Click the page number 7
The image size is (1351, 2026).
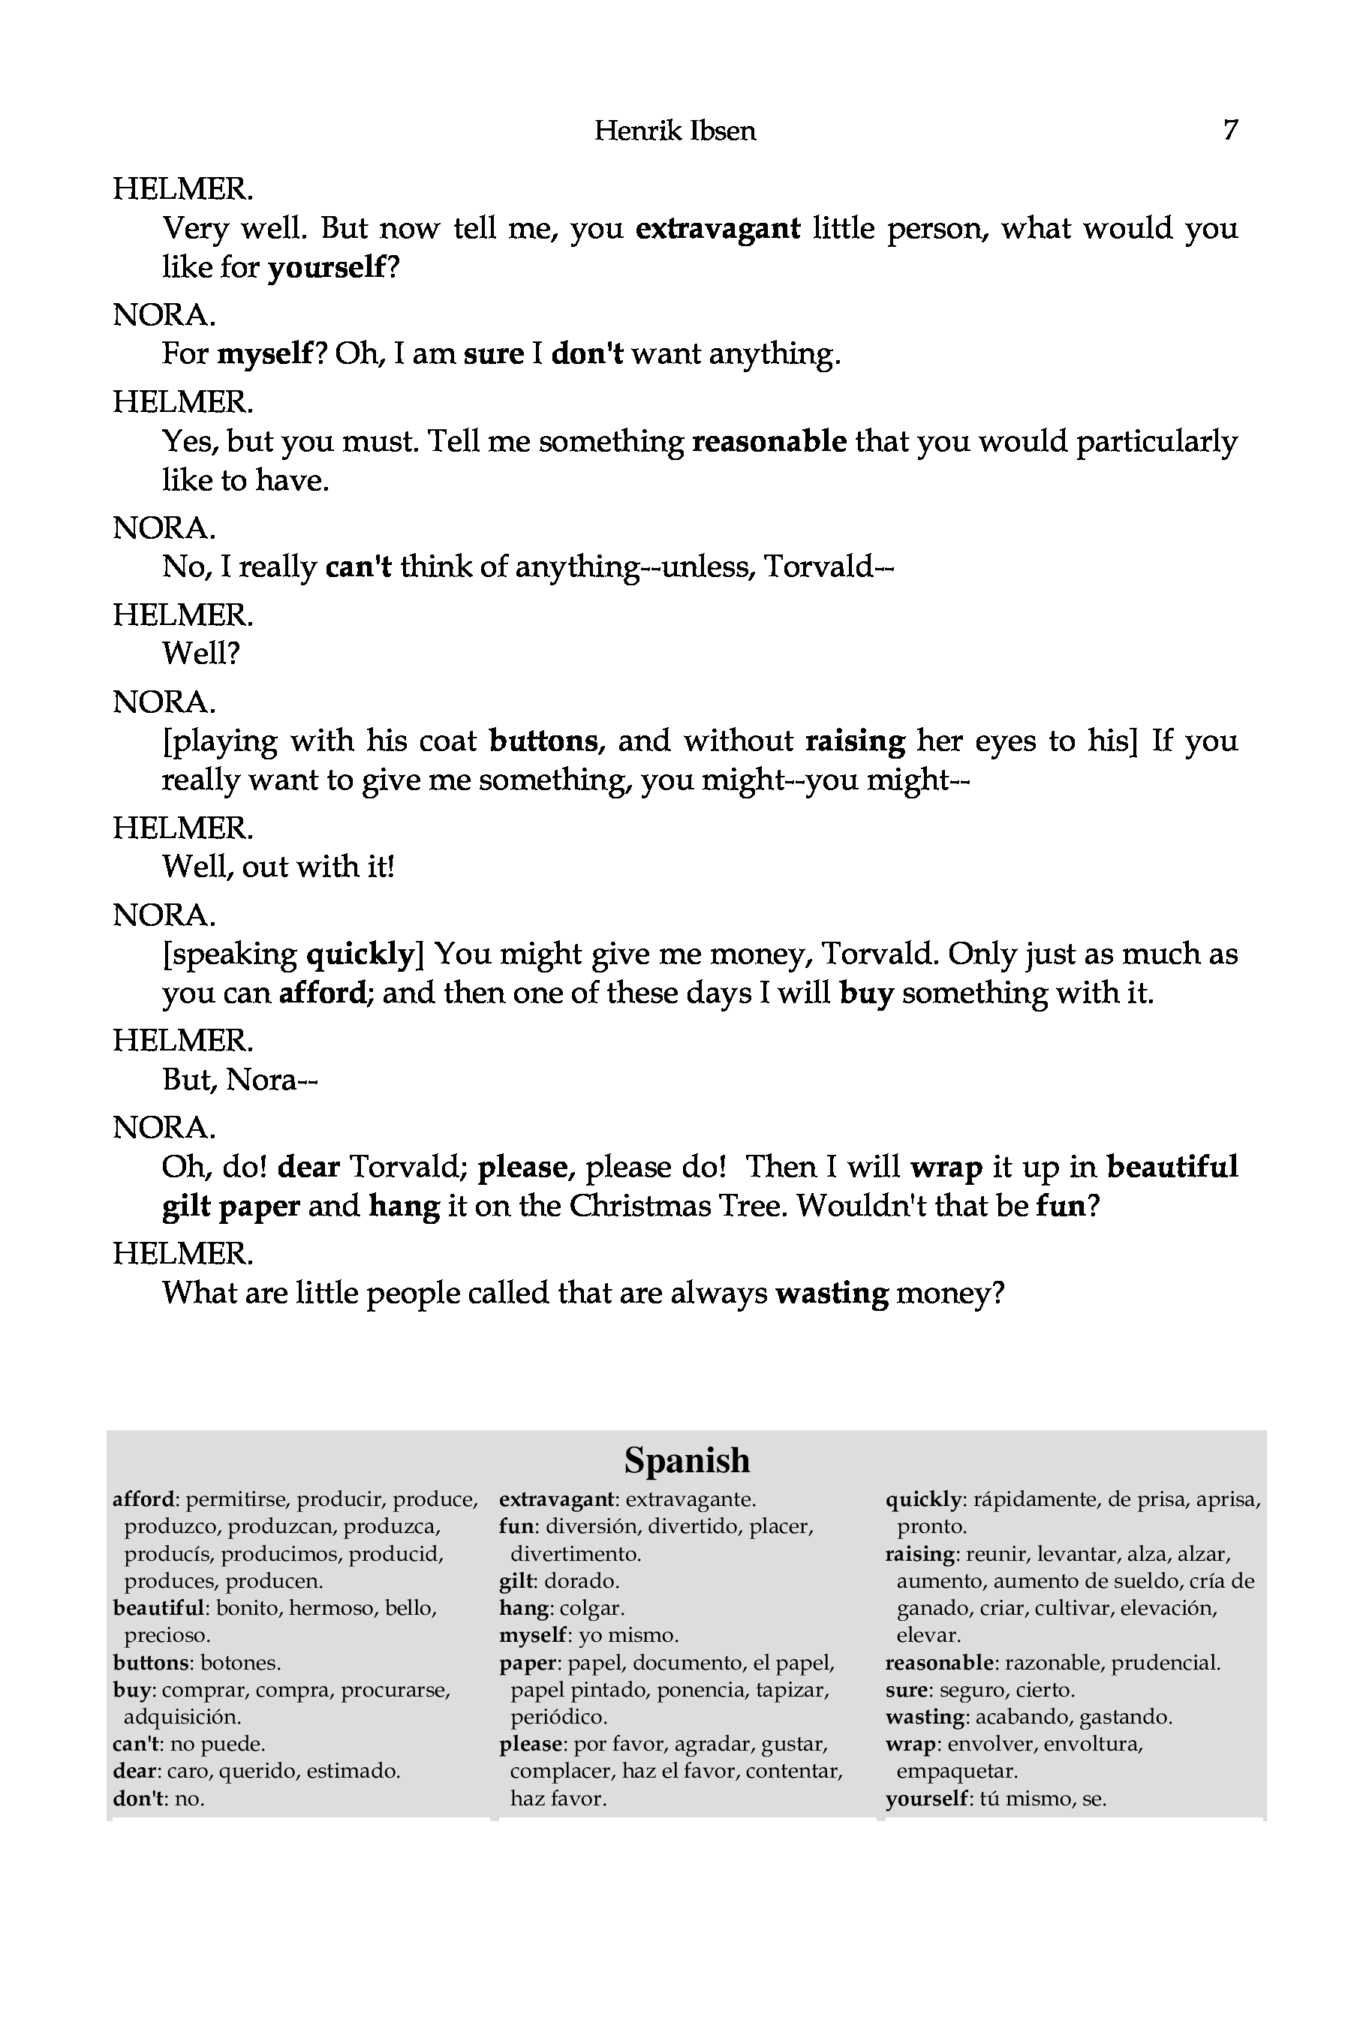1230,130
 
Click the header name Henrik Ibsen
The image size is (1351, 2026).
675,131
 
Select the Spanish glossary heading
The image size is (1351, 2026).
687,1460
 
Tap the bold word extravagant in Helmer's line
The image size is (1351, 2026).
718,228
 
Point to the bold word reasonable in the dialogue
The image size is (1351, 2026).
769,441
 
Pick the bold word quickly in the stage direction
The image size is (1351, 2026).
362,954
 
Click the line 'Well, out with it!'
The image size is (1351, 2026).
278,866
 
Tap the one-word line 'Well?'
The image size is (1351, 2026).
200,653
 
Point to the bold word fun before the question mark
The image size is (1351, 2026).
1060,1205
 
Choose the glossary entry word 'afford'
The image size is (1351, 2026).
144,1500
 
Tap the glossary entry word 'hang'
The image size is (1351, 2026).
524,1608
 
